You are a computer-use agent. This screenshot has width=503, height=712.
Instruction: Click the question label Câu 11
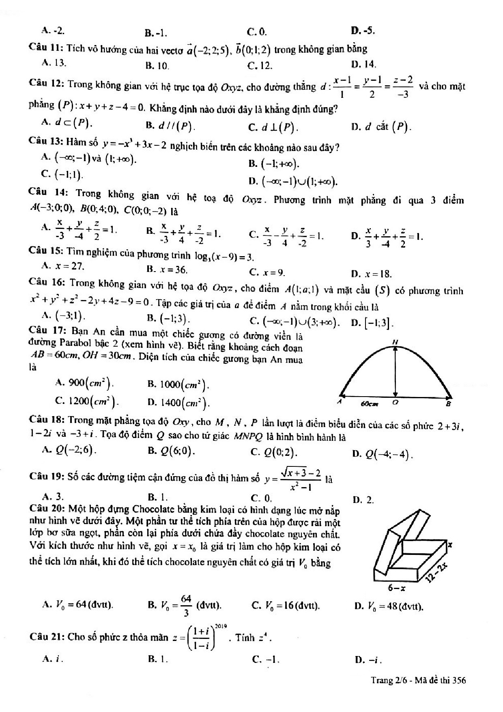[45, 48]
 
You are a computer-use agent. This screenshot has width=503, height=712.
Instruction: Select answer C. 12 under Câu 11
[260, 65]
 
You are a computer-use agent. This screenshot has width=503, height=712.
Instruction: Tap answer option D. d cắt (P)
[382, 127]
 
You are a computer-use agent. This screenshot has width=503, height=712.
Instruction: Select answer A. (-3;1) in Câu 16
[63, 315]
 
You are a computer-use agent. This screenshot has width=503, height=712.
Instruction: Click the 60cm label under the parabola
[370, 404]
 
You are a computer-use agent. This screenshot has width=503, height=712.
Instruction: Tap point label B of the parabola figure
[448, 404]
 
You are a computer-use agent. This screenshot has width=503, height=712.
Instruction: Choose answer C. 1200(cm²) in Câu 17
[87, 401]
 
